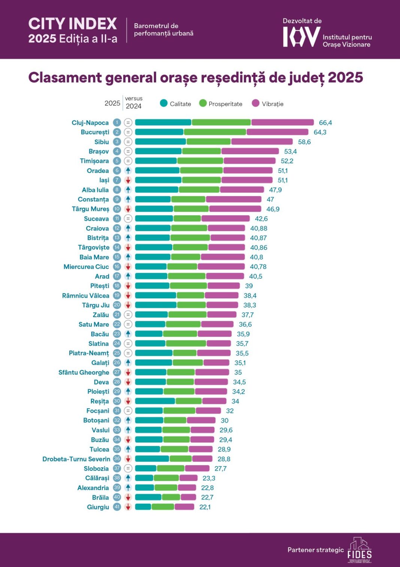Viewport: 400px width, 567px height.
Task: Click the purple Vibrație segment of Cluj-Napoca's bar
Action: (x=282, y=122)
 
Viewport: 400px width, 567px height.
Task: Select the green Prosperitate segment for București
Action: (x=215, y=132)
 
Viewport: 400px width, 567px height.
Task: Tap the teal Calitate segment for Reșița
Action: (x=155, y=401)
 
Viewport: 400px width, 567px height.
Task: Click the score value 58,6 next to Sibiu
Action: (x=304, y=142)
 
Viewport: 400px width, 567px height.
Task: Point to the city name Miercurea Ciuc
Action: (x=86, y=267)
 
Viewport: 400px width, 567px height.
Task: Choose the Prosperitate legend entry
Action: (x=225, y=104)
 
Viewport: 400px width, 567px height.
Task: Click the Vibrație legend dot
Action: (x=256, y=103)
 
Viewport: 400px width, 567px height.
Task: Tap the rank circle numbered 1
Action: (x=117, y=122)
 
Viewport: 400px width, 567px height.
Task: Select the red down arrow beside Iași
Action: (x=128, y=180)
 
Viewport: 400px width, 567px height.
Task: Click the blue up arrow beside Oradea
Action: (x=128, y=170)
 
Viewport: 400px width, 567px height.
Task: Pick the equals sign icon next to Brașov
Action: (x=128, y=151)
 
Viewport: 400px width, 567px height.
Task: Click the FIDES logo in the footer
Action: (x=359, y=550)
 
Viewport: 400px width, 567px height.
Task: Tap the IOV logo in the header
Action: (x=301, y=37)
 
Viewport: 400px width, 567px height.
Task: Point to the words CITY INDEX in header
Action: (x=73, y=24)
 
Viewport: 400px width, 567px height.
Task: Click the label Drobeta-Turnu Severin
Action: (x=76, y=459)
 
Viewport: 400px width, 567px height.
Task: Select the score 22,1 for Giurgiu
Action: (x=205, y=507)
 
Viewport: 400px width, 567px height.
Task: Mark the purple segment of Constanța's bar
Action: (x=233, y=199)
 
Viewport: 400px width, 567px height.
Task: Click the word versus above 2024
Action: (x=134, y=98)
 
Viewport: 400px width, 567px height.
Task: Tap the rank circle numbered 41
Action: (x=117, y=507)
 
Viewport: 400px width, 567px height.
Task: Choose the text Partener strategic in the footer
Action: (x=315, y=550)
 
